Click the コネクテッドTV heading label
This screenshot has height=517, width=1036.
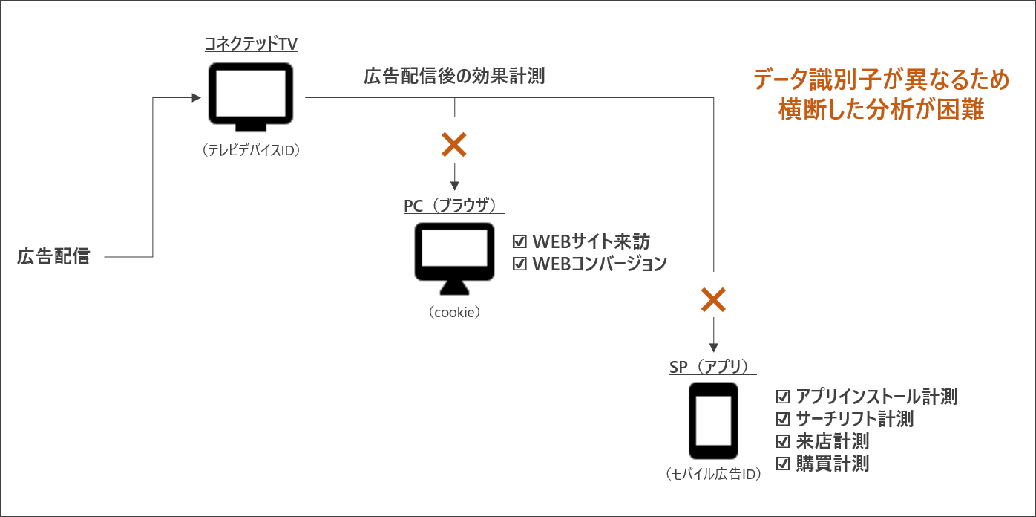coord(251,45)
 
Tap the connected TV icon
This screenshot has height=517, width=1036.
coord(250,96)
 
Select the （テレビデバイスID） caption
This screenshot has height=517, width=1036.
coord(250,150)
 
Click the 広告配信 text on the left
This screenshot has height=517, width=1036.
coord(53,257)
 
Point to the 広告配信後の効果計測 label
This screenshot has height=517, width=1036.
coord(454,76)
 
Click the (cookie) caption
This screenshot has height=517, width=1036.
coord(454,313)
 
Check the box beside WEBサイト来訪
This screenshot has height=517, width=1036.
coord(519,242)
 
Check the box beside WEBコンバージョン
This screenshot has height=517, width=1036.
coord(519,264)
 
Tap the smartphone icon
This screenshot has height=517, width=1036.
coord(713,420)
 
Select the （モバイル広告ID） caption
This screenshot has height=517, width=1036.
coord(713,474)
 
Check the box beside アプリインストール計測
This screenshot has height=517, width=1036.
coord(782,397)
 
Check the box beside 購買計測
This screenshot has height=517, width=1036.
coord(782,464)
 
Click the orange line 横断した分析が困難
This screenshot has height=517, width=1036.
coord(881,110)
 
